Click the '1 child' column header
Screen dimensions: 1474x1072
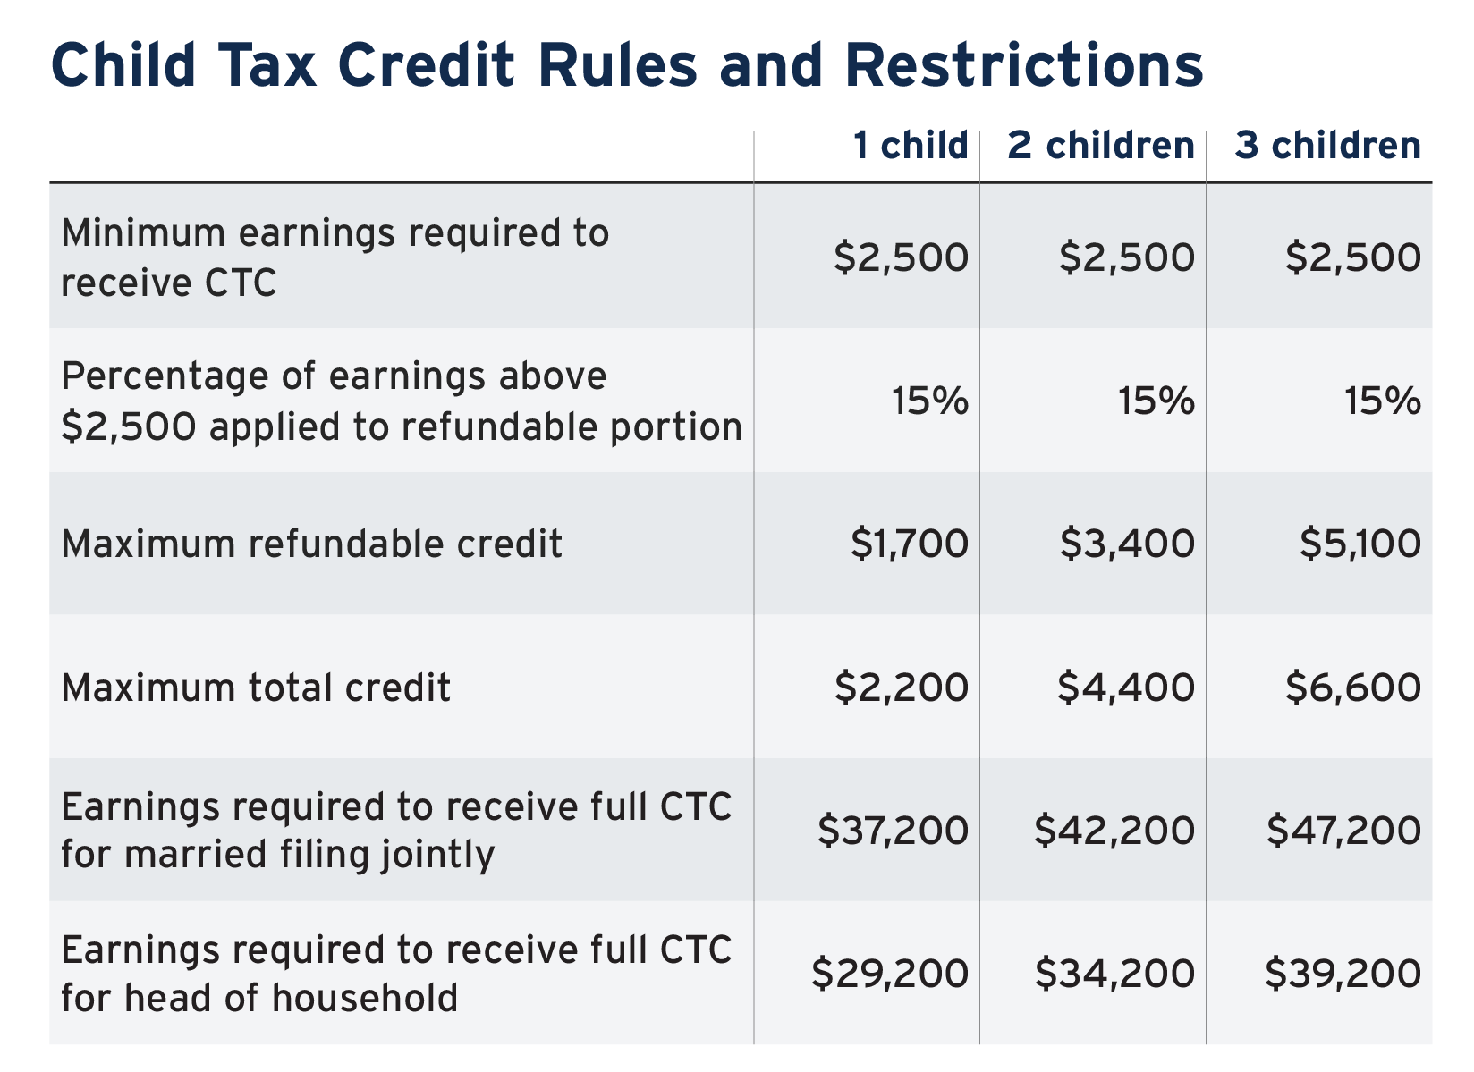click(x=911, y=145)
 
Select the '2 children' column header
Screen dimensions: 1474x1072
click(x=1101, y=145)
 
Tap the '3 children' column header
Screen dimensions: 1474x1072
click(x=1328, y=145)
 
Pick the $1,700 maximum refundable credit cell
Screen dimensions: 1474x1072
click(x=910, y=544)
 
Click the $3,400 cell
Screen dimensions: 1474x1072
click(x=1127, y=544)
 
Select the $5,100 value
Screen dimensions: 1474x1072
click(x=1360, y=544)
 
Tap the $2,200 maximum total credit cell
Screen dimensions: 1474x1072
click(x=902, y=688)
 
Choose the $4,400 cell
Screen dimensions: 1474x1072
click(x=1126, y=688)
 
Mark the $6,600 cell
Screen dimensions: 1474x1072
click(x=1353, y=688)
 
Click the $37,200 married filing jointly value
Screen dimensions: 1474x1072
click(x=893, y=830)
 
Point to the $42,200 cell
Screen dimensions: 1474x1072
click(x=1114, y=830)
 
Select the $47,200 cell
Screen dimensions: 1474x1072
click(x=1343, y=830)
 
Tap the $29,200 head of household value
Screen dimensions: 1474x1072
click(x=890, y=974)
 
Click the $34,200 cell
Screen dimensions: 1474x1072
click(x=1114, y=974)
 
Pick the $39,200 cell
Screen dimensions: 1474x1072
click(x=1343, y=974)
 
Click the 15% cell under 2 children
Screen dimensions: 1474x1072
click(x=1156, y=401)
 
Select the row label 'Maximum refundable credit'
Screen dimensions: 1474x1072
click(x=311, y=544)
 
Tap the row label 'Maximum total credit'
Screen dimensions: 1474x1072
click(x=255, y=688)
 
